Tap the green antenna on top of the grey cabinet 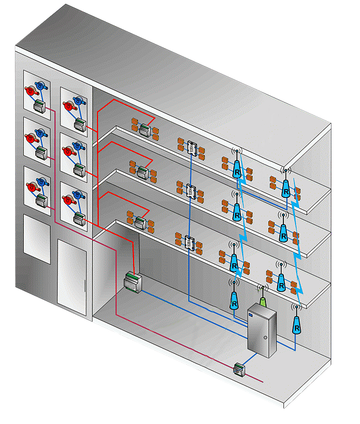pyautogui.click(x=262, y=301)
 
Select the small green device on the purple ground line pyautogui.click(x=238, y=368)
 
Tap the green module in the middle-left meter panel pyautogui.click(x=41, y=153)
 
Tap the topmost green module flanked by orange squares pyautogui.click(x=144, y=130)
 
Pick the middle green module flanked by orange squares pyautogui.click(x=142, y=172)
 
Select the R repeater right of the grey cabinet pyautogui.click(x=297, y=325)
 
